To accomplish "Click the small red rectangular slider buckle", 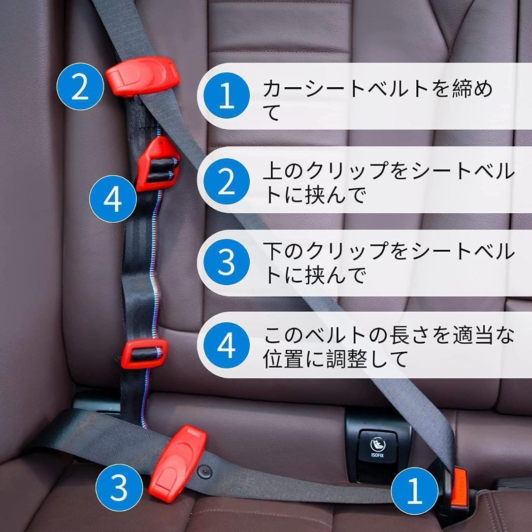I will (144, 353).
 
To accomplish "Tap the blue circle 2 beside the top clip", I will (80, 89).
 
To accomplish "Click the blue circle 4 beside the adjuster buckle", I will (113, 199).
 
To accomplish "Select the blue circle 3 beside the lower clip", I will (120, 488).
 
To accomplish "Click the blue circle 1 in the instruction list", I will (227, 96).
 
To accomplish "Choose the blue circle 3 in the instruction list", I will (227, 263).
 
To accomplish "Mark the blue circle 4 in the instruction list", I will (227, 345).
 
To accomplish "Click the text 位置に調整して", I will (336, 358).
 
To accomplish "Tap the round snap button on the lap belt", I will (203, 471).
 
